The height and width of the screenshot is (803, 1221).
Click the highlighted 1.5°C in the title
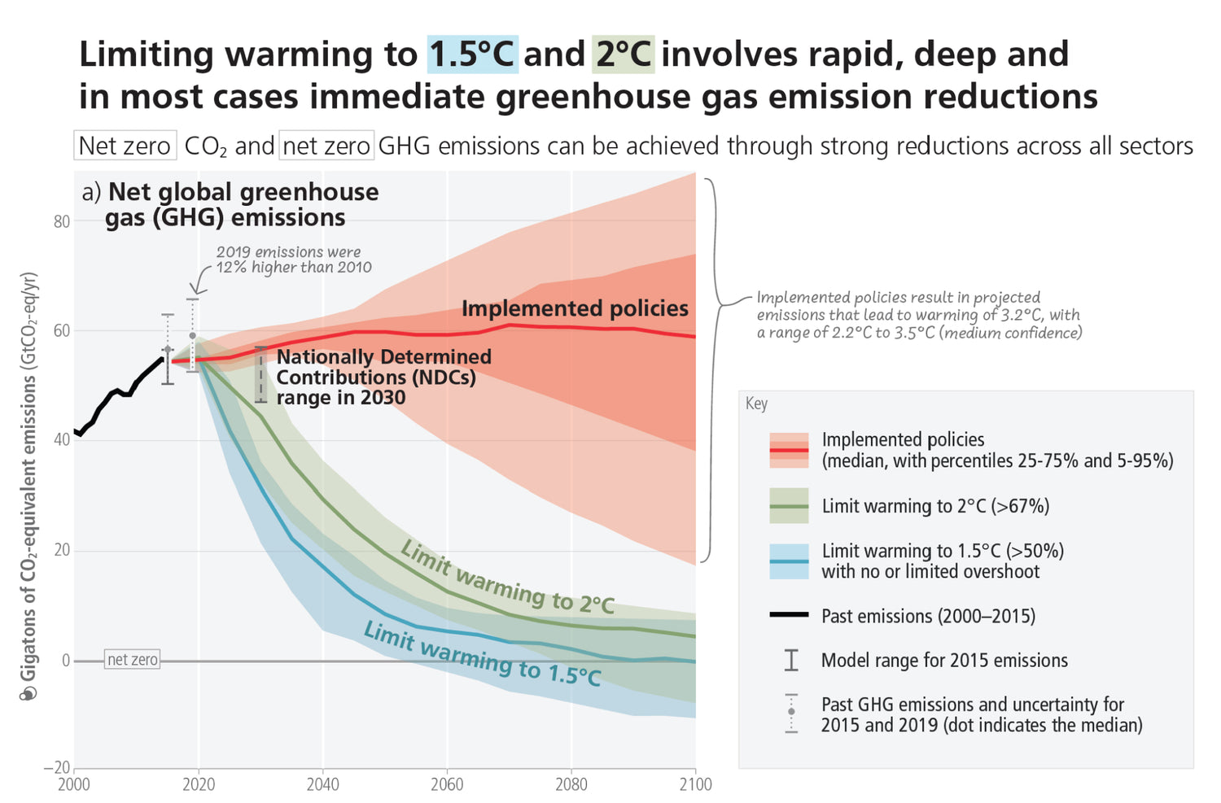(x=472, y=55)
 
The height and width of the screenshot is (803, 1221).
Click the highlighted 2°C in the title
(x=624, y=55)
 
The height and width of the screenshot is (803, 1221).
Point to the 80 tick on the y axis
(x=62, y=221)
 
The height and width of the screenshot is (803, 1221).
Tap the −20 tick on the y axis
(x=57, y=768)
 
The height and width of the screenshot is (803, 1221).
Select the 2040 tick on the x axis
(x=323, y=784)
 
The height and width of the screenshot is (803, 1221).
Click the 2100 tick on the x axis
(x=694, y=784)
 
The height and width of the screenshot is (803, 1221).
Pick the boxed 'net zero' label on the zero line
(x=133, y=660)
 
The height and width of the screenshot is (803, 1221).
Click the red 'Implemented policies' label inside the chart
(x=575, y=308)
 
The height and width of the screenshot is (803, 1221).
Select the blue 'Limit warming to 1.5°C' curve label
(x=482, y=653)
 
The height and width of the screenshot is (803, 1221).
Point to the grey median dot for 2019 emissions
(x=192, y=335)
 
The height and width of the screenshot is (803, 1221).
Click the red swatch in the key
(x=789, y=450)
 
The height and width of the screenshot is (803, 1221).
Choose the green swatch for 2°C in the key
(x=789, y=506)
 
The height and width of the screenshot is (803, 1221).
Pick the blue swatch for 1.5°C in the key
(x=789, y=561)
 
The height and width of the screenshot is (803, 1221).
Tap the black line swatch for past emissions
(x=789, y=615)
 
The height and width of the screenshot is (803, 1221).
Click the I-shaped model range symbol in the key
(x=791, y=660)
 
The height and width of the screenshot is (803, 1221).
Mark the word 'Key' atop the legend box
(x=756, y=404)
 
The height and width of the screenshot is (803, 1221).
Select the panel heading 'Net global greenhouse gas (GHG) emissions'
(x=241, y=204)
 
